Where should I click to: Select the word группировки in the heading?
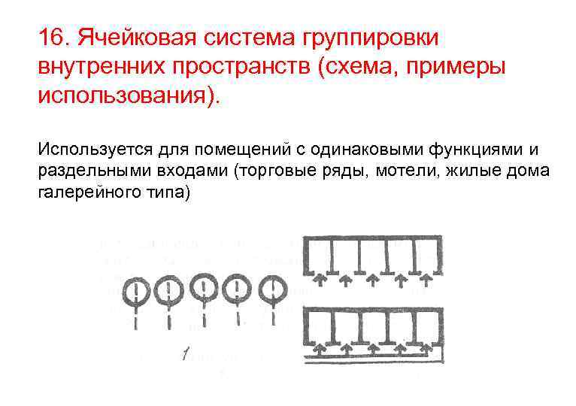375,37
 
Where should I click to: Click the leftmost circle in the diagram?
135,290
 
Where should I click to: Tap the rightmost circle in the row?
272,289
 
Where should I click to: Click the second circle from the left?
170,290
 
